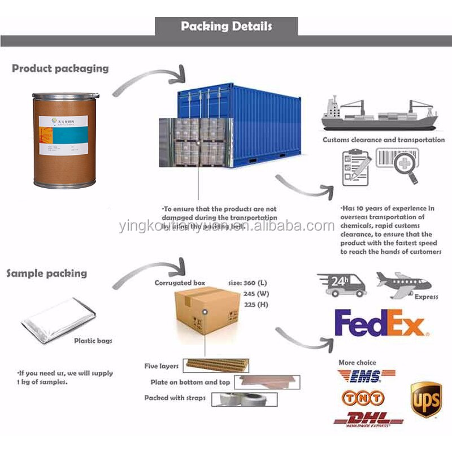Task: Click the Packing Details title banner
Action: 226,26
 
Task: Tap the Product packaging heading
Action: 60,68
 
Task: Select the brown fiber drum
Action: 64,140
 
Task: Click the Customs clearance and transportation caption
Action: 384,140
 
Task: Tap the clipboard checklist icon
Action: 355,167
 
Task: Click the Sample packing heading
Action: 46,273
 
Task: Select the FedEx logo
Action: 379,323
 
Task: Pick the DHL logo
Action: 368,419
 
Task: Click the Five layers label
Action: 162,367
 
